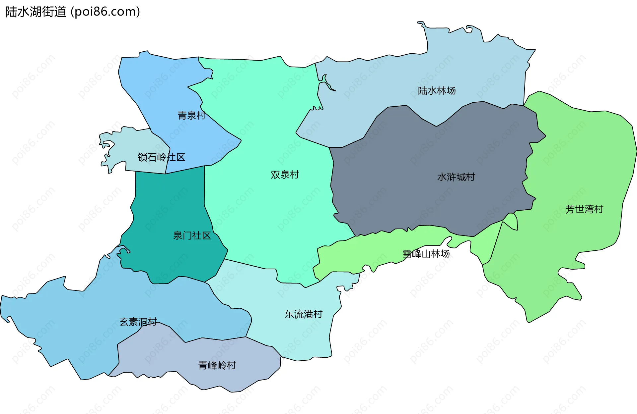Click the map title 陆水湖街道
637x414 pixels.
[x=36, y=12]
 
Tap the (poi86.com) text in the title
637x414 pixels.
[x=106, y=12]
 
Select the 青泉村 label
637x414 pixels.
[x=191, y=116]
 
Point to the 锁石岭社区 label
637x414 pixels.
[x=161, y=157]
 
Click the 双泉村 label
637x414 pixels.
[x=285, y=175]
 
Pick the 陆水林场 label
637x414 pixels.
[x=437, y=91]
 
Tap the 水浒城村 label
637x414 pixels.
[x=456, y=177]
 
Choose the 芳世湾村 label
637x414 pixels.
[x=584, y=209]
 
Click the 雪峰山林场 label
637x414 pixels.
[x=426, y=254]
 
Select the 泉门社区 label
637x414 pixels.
[x=192, y=236]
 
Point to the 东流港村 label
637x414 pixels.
[x=304, y=314]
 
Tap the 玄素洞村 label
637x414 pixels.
[x=138, y=322]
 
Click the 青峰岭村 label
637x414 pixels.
[x=217, y=365]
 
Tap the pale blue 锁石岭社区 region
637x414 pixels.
[x=133, y=146]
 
